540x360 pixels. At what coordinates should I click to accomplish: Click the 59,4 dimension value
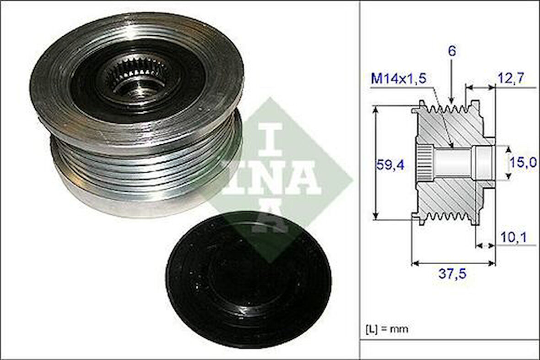390,164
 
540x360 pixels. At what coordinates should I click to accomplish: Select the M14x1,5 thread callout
398,78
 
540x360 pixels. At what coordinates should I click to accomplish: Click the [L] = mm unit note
386,328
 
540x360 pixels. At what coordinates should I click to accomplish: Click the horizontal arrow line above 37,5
454,263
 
